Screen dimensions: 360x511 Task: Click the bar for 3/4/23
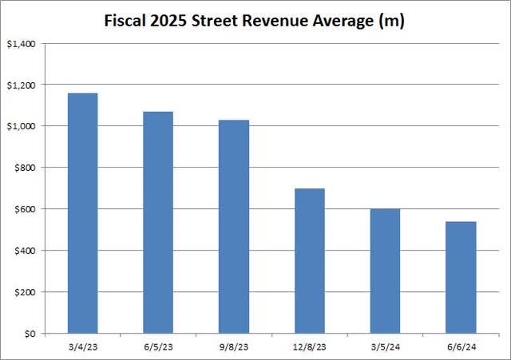pyautogui.click(x=82, y=213)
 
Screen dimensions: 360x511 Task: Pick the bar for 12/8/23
pyautogui.click(x=310, y=261)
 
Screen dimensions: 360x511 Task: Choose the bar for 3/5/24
pyautogui.click(x=386, y=271)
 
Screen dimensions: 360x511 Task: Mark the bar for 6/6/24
pyautogui.click(x=461, y=277)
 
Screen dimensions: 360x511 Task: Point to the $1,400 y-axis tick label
pyautogui.click(x=23, y=43)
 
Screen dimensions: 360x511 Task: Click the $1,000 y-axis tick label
pyautogui.click(x=23, y=126)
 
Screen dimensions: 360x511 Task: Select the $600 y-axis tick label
pyautogui.click(x=26, y=209)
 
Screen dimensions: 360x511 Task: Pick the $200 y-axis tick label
pyautogui.click(x=26, y=292)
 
